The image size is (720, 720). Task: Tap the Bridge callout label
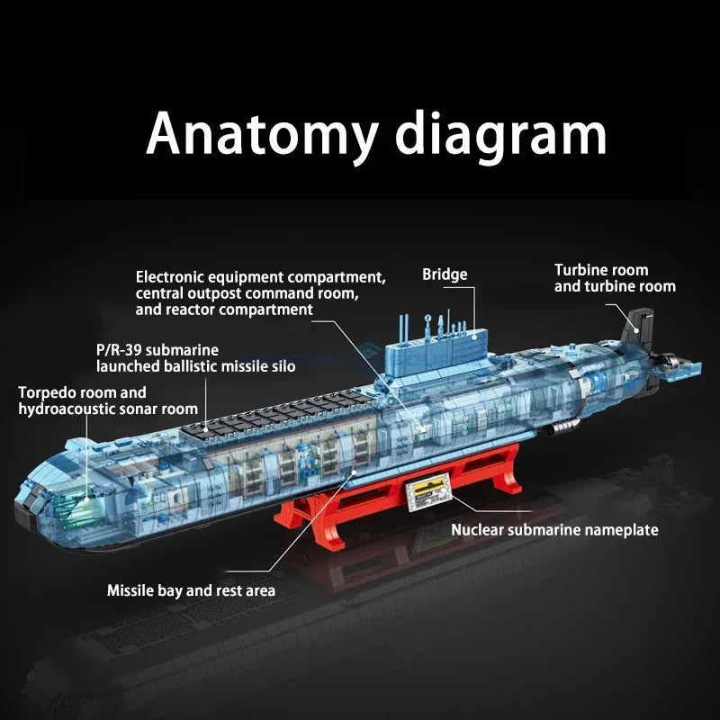point(445,274)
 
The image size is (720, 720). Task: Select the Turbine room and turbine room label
point(614,278)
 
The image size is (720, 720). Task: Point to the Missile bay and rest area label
point(191,591)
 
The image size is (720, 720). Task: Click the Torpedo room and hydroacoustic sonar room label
point(108,401)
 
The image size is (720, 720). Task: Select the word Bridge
point(445,274)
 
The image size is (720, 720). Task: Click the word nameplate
point(621,530)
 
